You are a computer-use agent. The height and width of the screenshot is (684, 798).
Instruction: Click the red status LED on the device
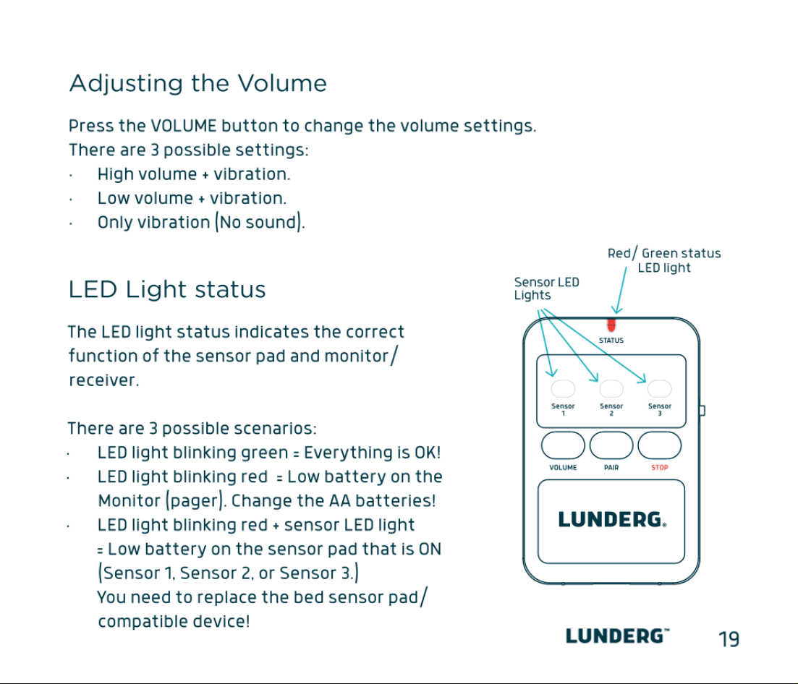pos(611,325)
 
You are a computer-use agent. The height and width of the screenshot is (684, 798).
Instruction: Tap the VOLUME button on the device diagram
pos(563,445)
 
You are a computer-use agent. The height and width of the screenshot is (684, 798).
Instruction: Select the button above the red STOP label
pos(660,445)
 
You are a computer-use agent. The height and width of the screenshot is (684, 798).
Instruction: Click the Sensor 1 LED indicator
pos(563,389)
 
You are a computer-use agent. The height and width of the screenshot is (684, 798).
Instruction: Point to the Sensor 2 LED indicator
pos(611,389)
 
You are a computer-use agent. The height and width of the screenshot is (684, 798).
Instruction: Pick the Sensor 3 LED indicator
pos(660,389)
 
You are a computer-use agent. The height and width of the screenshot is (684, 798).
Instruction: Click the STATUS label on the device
pos(611,341)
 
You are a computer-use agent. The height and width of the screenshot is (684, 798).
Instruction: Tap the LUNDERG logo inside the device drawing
pos(612,520)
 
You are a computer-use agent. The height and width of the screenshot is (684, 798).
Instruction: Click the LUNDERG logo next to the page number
pos(617,636)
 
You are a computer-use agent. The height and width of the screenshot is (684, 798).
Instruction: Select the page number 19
pos(729,638)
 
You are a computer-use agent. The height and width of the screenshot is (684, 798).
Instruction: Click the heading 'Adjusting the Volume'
pos(198,83)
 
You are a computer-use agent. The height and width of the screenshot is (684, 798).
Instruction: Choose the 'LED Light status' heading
pos(167,289)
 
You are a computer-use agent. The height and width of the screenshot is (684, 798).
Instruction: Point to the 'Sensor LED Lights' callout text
pos(546,288)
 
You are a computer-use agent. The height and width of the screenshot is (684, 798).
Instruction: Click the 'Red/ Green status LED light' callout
pos(664,260)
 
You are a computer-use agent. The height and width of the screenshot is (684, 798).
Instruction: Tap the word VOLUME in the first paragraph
pos(184,126)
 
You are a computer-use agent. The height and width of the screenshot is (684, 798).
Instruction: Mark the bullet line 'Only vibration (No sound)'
pos(201,222)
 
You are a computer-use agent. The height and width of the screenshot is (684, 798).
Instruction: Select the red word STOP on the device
pos(660,467)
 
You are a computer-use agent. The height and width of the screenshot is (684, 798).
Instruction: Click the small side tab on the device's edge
pos(703,411)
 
